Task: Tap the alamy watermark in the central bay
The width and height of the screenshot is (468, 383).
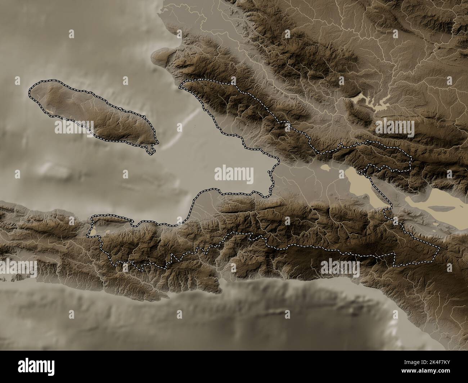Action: click(x=234, y=175)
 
